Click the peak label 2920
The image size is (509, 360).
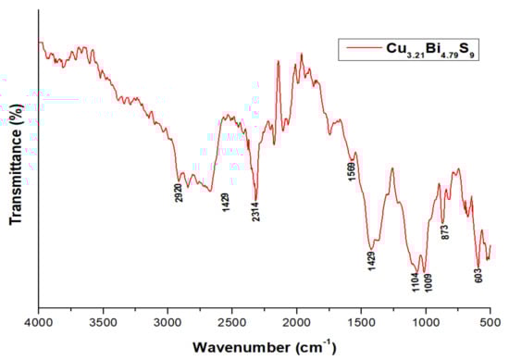[x=180, y=194]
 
